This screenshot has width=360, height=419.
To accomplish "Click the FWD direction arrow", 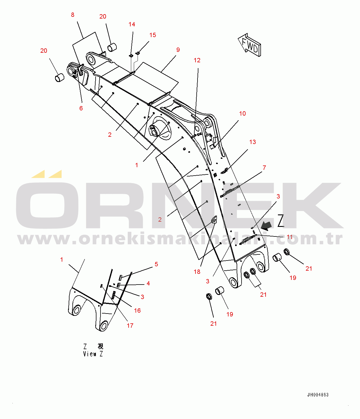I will tap(250, 45).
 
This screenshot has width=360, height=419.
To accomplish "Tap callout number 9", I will tap(178, 50).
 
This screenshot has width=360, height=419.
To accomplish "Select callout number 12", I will tap(197, 60).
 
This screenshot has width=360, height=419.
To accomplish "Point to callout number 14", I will tap(132, 24).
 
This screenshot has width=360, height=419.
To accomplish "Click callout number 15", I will tap(153, 35).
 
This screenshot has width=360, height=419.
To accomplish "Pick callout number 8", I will tap(72, 15).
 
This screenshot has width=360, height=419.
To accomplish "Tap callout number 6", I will tap(81, 108).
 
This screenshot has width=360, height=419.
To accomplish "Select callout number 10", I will tap(242, 114).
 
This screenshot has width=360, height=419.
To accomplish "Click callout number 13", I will tap(253, 142).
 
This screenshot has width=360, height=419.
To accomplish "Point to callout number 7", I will tap(264, 168).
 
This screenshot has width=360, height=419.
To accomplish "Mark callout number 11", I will tap(290, 237).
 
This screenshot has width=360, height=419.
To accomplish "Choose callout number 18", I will tap(197, 272).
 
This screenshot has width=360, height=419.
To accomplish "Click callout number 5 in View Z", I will tap(156, 264).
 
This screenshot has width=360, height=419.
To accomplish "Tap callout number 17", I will tap(130, 326).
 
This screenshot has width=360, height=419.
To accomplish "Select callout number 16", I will tap(137, 311).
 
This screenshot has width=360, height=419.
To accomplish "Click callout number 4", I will tap(148, 283).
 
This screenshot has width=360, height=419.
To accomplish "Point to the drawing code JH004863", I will tap(318, 395).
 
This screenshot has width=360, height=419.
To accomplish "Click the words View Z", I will tap(93, 354).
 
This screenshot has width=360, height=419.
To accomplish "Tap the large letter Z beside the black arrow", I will tap(281, 221).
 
